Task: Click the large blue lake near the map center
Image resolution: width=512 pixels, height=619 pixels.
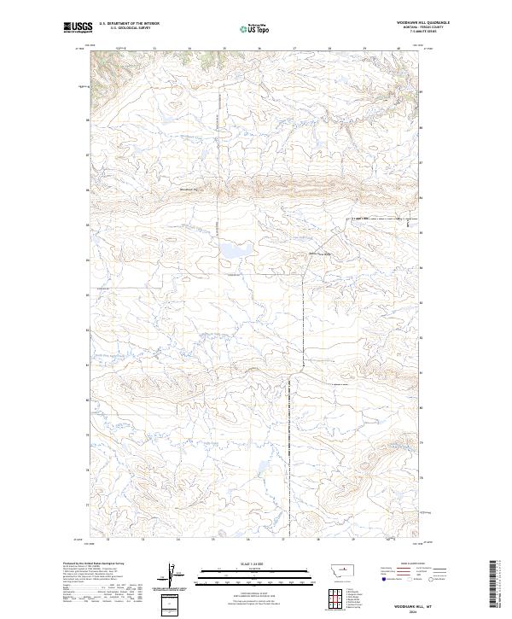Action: [231, 250]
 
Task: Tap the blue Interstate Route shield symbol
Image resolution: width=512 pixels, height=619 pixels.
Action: [381, 584]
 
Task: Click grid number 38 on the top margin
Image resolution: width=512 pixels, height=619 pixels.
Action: [329, 49]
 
